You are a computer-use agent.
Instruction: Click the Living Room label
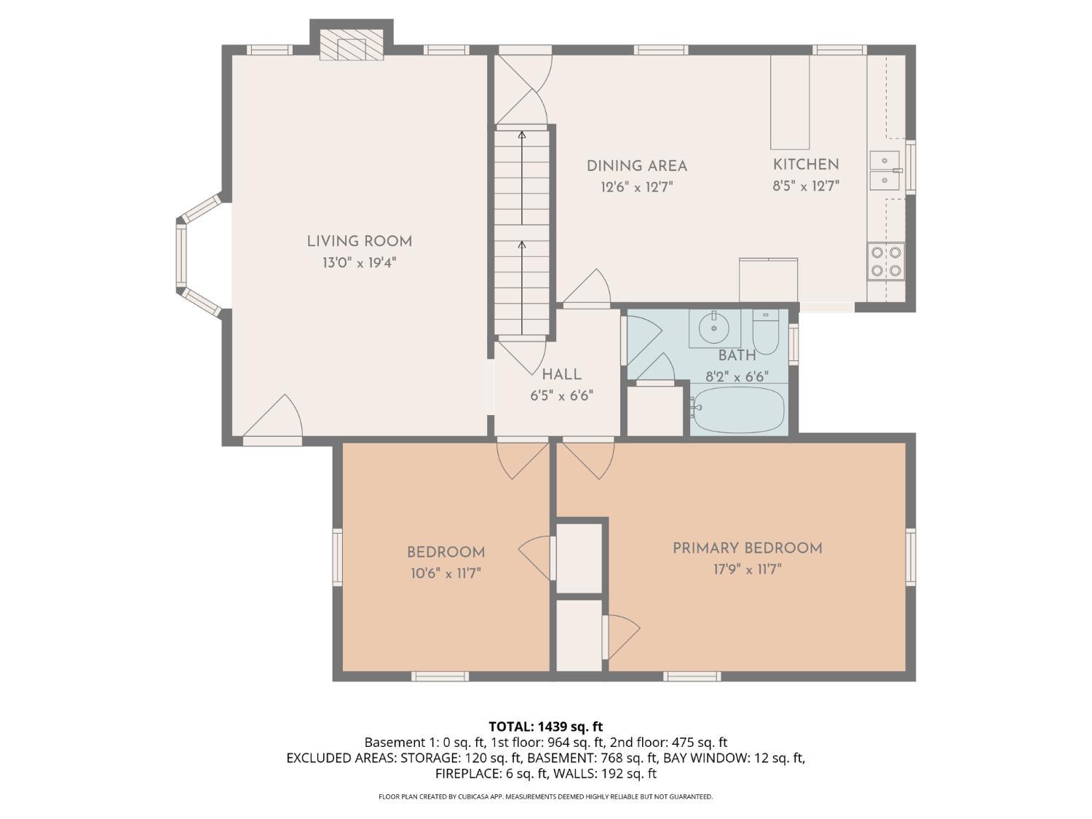(x=359, y=242)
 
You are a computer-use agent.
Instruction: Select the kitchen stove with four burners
(x=886, y=261)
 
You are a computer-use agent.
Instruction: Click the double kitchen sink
(x=885, y=171)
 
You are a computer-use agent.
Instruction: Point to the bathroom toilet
(x=765, y=331)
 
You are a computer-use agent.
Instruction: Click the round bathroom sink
(x=714, y=328)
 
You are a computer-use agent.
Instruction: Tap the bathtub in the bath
(x=737, y=410)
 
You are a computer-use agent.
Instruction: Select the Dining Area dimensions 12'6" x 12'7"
(x=637, y=188)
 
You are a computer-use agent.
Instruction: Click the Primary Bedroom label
(x=747, y=548)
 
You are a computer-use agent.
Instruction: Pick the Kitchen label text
(x=806, y=165)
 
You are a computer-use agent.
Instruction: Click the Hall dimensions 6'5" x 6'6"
(x=562, y=396)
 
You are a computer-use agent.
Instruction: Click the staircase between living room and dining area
(x=522, y=233)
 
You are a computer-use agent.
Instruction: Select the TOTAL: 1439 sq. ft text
(x=546, y=727)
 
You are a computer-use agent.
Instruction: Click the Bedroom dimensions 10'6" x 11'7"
(x=446, y=574)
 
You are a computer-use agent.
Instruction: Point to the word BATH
(x=737, y=355)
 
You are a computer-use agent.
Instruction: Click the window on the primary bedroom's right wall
(x=911, y=556)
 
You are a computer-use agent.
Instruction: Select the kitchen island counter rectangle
(x=790, y=102)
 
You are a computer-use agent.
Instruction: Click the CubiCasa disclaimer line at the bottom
(x=546, y=796)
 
